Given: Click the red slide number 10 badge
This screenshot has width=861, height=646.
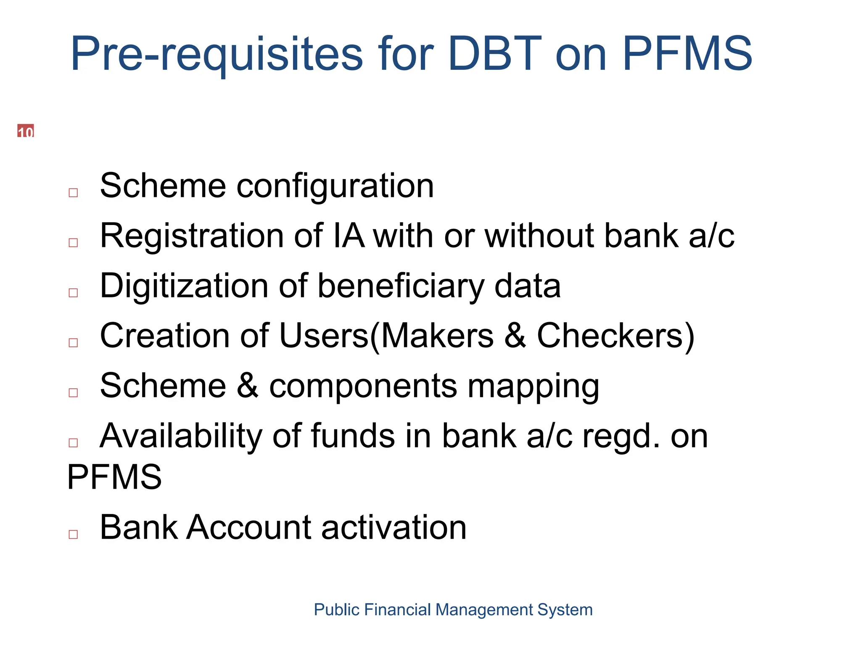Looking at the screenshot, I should tap(25, 131).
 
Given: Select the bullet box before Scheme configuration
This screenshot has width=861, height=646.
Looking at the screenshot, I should tap(73, 193).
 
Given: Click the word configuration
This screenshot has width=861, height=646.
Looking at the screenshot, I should tap(335, 186).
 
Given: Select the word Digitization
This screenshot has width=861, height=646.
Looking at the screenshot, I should tap(184, 286).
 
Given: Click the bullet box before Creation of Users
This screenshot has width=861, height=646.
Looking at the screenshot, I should tap(73, 343).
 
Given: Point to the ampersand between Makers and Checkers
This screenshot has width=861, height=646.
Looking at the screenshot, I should tap(515, 336).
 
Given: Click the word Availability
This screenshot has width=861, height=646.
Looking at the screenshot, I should tap(181, 436).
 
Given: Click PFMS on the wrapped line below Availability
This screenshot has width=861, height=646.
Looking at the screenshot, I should tap(114, 477).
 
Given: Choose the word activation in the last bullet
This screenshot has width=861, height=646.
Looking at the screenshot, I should tap(394, 527).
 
